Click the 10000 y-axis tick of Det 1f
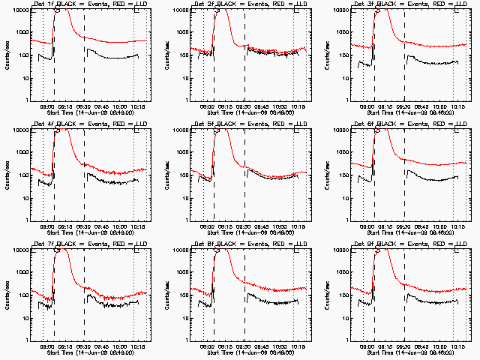18,10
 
